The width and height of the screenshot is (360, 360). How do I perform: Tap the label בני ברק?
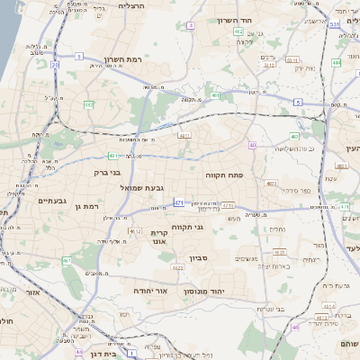coord(107,170)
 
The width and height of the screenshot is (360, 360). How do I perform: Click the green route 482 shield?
coord(89,105)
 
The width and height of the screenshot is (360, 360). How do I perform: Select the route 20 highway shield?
coord(55,65)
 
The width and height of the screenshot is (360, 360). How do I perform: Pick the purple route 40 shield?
coord(253,145)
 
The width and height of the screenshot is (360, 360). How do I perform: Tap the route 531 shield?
coord(334,25)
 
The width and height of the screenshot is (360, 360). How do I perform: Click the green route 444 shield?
coord(336,63)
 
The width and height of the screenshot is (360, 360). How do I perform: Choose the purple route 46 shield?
coord(294,327)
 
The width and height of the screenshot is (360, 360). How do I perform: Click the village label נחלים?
coord(278,229)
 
